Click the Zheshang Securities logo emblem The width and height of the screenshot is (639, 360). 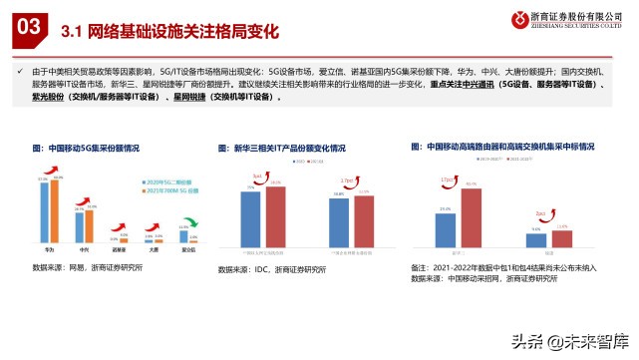[x=519, y=19]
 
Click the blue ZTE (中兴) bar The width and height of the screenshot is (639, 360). [x=80, y=226]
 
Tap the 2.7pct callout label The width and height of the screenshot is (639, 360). [x=349, y=181]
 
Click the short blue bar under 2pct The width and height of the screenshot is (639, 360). [x=536, y=240]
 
